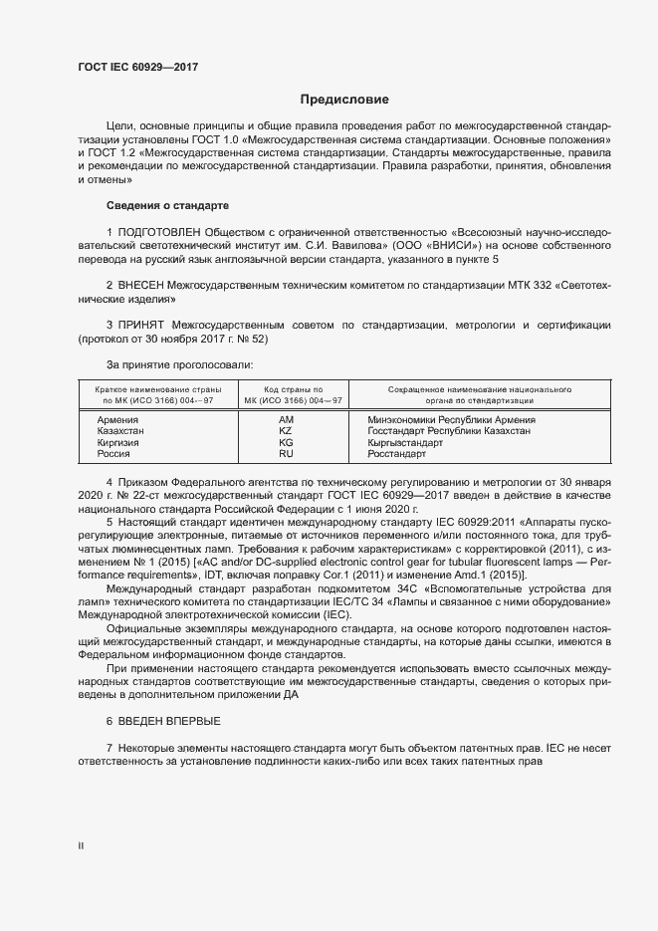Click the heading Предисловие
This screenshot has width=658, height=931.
[344, 100]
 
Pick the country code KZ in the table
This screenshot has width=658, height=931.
[286, 430]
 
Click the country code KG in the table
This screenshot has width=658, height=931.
[286, 442]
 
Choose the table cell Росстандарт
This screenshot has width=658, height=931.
[396, 453]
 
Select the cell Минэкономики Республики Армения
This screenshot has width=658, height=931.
[451, 419]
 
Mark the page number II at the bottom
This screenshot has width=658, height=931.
[81, 845]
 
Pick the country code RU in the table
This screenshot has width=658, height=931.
[286, 453]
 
